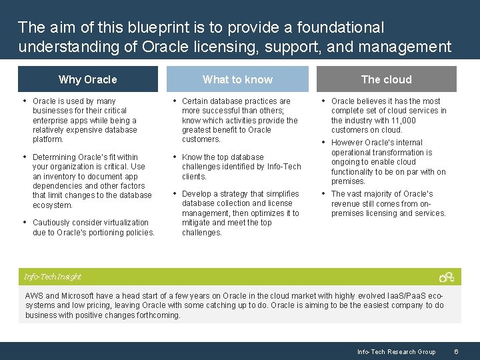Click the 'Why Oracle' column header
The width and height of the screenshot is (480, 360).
click(87, 79)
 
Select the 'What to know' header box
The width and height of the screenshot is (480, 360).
click(237, 79)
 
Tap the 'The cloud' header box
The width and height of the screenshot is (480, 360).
click(386, 79)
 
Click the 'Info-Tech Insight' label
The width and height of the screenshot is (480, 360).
click(52, 277)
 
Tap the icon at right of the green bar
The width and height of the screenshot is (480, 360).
click(446, 277)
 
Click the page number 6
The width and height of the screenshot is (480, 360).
click(455, 351)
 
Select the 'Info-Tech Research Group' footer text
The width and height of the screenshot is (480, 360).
click(396, 351)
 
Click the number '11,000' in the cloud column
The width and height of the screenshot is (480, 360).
click(403, 121)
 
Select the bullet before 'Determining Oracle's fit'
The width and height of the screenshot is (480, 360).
click(25, 157)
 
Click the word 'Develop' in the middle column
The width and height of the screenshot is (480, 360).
click(196, 194)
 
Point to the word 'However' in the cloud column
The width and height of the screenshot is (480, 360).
click(347, 143)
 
